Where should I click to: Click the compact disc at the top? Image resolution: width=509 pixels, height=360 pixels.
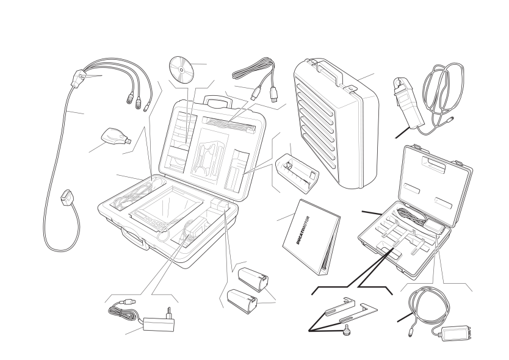click(181, 70)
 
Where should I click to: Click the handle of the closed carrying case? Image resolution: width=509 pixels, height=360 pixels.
click(330, 71)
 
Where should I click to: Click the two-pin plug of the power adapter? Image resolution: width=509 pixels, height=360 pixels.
click(168, 313)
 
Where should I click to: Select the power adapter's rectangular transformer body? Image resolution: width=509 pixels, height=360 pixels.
click(159, 324)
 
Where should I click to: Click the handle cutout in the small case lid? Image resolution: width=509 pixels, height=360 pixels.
click(433, 163)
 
